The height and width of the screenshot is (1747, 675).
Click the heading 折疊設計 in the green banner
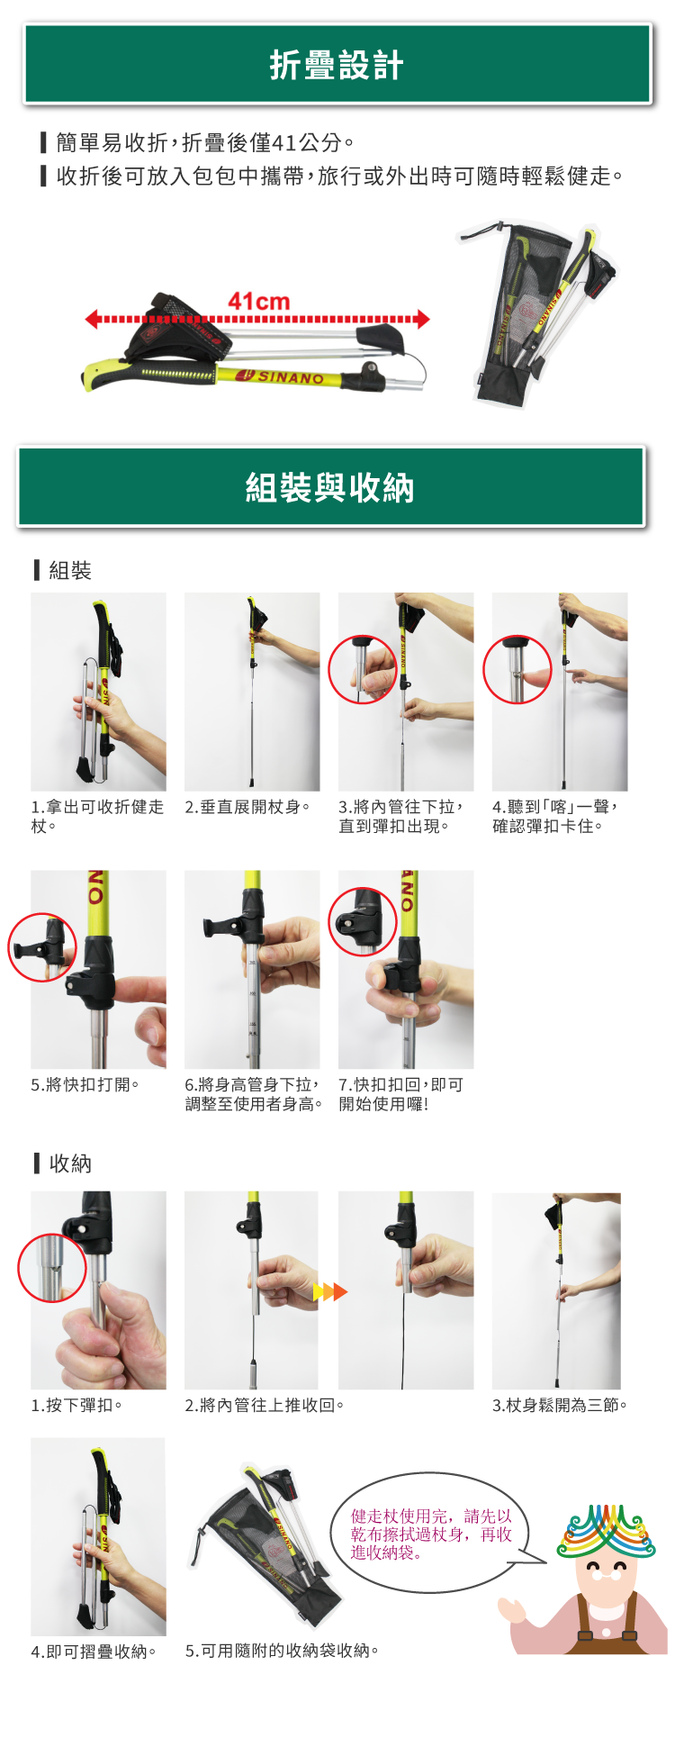337,66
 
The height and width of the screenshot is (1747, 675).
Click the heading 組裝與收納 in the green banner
329,488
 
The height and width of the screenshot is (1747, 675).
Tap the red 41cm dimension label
259,302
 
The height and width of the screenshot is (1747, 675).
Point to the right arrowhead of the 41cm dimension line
423,319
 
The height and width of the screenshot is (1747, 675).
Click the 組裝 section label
69,570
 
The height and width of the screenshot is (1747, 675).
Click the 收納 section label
69,1163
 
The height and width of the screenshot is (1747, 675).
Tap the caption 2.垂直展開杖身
247,807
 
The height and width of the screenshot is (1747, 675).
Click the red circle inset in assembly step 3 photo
363,669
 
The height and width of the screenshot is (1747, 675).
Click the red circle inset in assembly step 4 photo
517,669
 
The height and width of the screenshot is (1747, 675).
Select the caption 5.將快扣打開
85,1084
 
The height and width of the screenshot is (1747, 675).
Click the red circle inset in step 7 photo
363,921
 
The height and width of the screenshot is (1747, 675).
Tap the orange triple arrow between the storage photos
329,1292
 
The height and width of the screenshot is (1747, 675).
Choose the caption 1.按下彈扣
76,1405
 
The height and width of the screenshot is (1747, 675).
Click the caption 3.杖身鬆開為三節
559,1405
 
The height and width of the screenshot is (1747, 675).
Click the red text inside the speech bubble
430,1534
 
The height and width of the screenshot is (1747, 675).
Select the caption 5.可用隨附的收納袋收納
282,1651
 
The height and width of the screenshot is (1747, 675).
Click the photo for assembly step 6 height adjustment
252,969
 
